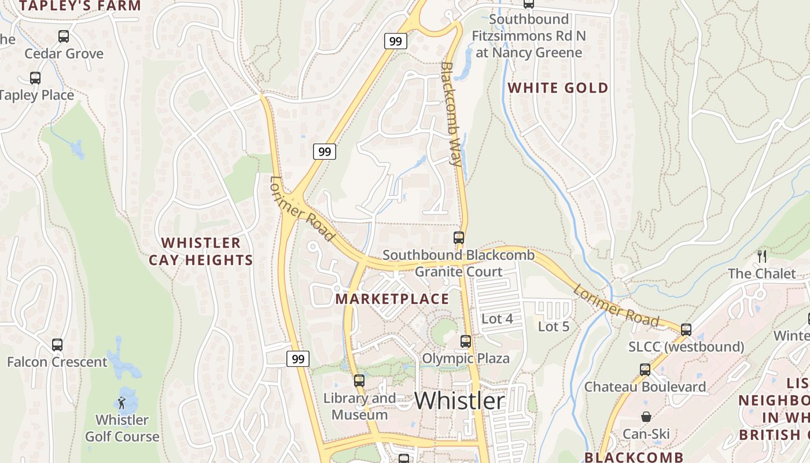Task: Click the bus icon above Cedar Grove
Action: click(x=64, y=36)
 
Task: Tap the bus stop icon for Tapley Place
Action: click(x=35, y=78)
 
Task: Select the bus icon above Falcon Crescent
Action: click(x=57, y=345)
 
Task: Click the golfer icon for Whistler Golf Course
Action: click(x=122, y=403)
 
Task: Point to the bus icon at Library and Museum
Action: click(x=359, y=381)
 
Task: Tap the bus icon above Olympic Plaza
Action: click(x=466, y=341)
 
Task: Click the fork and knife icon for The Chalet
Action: click(x=762, y=256)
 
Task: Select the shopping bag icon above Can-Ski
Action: click(x=646, y=417)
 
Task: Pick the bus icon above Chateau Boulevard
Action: click(x=645, y=370)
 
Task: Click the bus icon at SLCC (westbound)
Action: click(x=686, y=330)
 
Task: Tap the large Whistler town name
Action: click(x=460, y=400)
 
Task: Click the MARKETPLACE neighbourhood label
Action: click(x=392, y=299)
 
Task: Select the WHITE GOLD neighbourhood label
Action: click(x=558, y=88)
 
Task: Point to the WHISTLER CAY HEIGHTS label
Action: click(x=201, y=251)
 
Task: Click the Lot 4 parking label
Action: click(x=497, y=319)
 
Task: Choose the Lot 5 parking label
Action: click(x=554, y=326)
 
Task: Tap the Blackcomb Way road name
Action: click(x=452, y=114)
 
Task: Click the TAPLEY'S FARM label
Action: click(x=80, y=6)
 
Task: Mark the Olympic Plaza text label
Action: click(x=466, y=358)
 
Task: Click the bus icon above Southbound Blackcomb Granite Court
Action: click(x=459, y=238)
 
